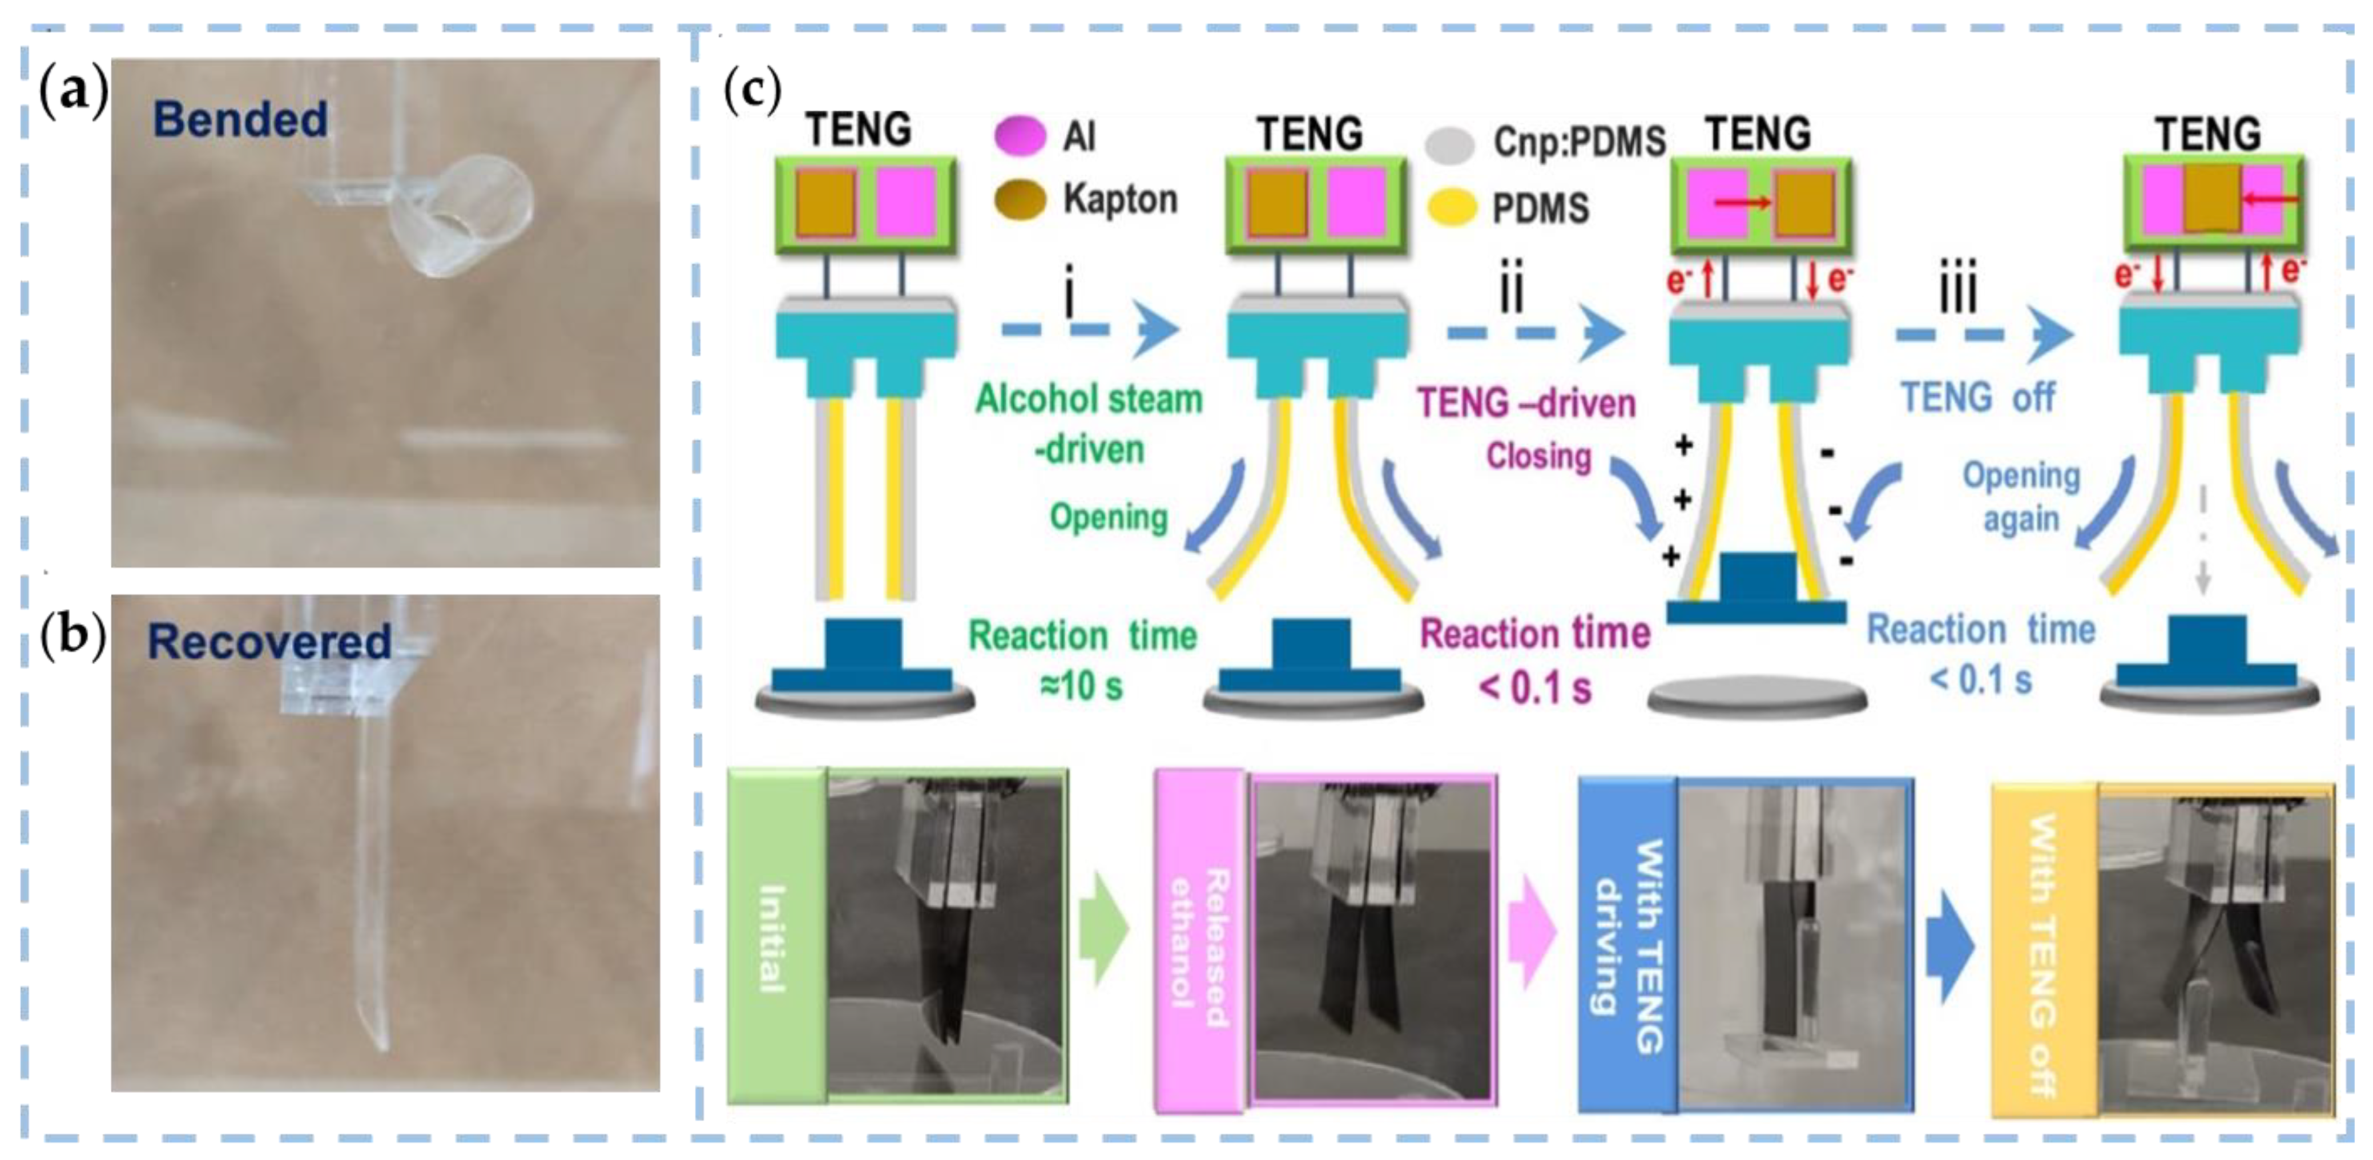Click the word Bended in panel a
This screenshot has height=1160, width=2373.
click(240, 120)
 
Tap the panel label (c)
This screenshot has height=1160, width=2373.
click(752, 90)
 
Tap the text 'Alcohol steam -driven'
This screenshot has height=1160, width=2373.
click(1089, 424)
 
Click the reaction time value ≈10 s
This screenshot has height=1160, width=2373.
click(1082, 686)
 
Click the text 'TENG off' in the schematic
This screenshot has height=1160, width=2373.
click(1978, 398)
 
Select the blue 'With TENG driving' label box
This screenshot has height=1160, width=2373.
click(1627, 944)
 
